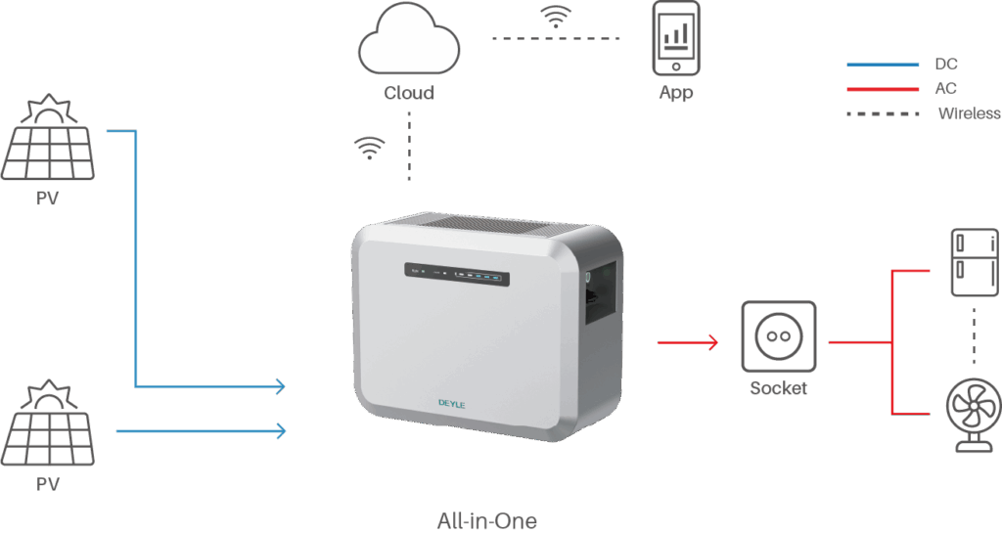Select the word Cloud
409,94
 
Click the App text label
676,93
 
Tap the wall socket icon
779,336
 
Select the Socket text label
779,388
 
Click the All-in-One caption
486,520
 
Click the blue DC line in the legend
883,66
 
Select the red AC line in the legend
883,89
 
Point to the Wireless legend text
969,113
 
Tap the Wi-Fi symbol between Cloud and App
556,17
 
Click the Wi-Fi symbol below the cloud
369,148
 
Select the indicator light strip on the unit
456,276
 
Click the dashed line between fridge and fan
974,338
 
